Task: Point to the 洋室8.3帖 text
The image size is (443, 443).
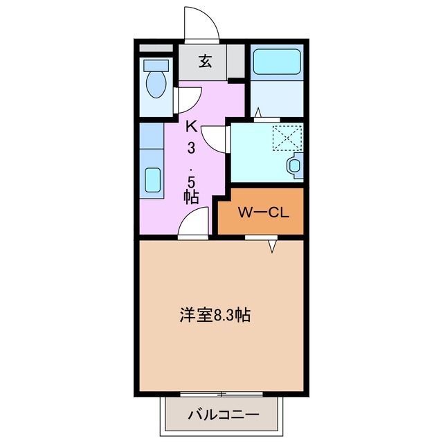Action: click(x=215, y=316)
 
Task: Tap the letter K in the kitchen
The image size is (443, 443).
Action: click(x=192, y=127)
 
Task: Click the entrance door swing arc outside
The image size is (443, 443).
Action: click(x=201, y=25)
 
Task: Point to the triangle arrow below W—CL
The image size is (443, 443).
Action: click(x=273, y=244)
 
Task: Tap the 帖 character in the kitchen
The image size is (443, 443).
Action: click(x=192, y=197)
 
